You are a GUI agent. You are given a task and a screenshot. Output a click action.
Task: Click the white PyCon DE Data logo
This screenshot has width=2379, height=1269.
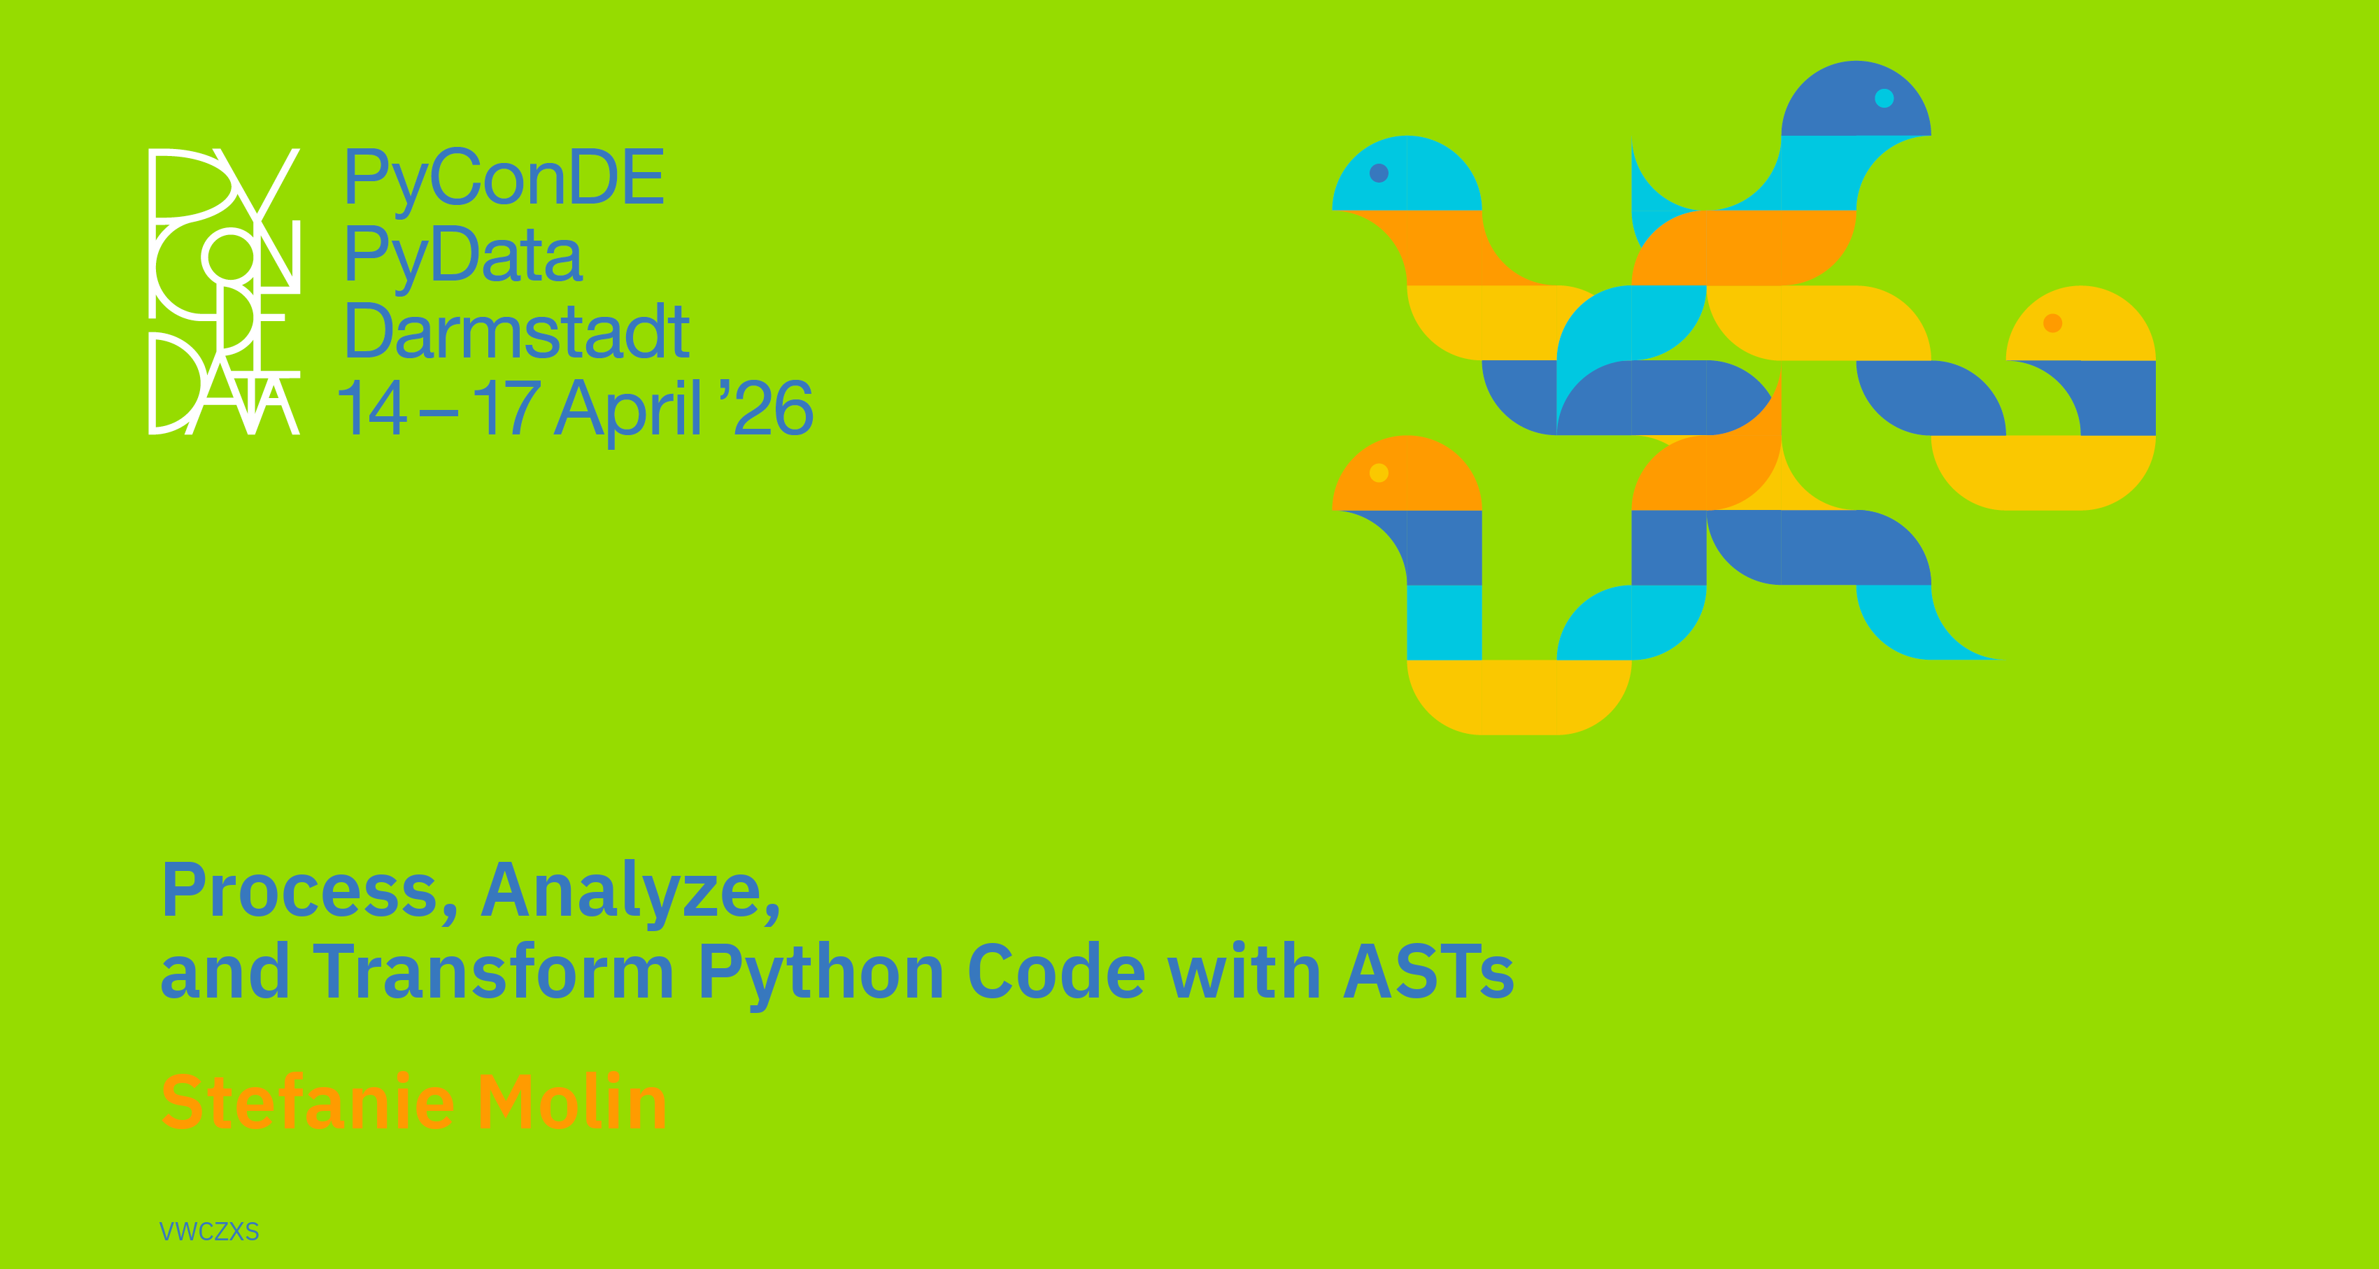225,291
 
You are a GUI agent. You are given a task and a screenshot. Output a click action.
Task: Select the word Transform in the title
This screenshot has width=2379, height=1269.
494,972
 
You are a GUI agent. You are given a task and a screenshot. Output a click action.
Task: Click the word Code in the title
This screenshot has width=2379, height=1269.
1056,972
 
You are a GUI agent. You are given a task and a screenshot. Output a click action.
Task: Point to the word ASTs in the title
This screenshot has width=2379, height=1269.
1428,972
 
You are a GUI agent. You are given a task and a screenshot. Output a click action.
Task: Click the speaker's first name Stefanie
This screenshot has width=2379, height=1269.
308,1102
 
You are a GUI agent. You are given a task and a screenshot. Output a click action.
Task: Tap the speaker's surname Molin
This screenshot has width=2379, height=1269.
571,1102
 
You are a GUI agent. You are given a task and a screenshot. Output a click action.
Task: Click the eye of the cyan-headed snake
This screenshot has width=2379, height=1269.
1379,173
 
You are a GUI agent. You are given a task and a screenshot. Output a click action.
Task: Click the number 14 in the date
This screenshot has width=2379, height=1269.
373,406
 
